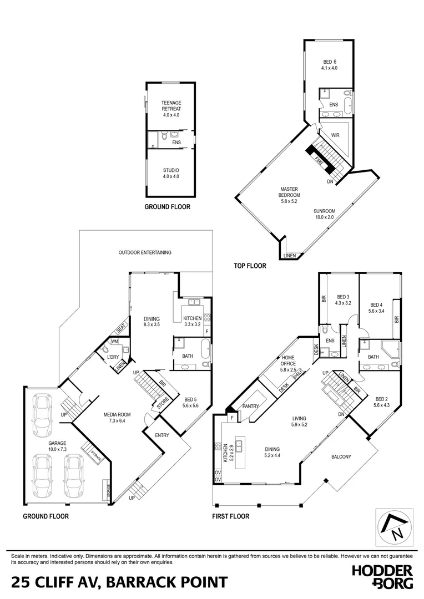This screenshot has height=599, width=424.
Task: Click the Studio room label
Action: coord(171,173)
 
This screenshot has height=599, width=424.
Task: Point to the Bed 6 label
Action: coord(330,65)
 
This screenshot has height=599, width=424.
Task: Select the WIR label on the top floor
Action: coord(335,135)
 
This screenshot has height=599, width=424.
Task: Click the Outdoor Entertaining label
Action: coord(145,252)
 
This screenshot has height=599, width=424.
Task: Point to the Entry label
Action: coord(162,435)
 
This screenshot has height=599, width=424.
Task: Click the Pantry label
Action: coord(251,407)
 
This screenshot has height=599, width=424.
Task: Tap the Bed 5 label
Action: coord(191,402)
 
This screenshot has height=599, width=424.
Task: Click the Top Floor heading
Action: coord(250,266)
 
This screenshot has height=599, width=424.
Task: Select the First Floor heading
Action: coord(230,516)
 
